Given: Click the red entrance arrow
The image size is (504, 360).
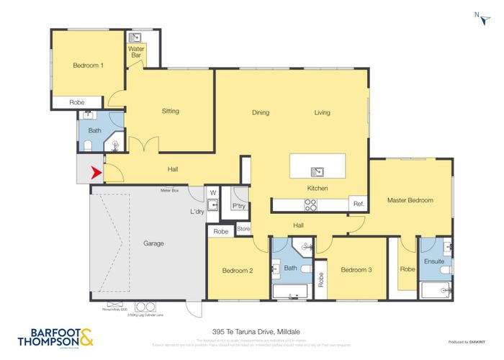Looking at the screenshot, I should (x=94, y=173).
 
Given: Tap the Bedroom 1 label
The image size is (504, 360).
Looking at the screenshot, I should (x=89, y=66).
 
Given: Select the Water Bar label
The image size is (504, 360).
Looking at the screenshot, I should (x=135, y=53).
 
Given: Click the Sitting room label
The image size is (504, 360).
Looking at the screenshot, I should (x=170, y=111).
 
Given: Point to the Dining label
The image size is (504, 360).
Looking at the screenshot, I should (x=260, y=112).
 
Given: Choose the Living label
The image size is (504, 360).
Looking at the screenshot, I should (x=322, y=112).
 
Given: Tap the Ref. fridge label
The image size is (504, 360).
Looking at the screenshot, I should (x=357, y=204).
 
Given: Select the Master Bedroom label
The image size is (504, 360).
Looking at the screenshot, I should (x=410, y=199).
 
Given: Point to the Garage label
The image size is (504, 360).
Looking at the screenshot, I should (x=153, y=243).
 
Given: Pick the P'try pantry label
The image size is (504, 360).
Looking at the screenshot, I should (x=238, y=205).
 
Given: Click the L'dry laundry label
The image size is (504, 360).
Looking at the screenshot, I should (x=197, y=212).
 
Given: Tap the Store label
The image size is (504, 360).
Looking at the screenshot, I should (x=243, y=230).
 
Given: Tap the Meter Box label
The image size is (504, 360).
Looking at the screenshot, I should (x=169, y=191).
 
